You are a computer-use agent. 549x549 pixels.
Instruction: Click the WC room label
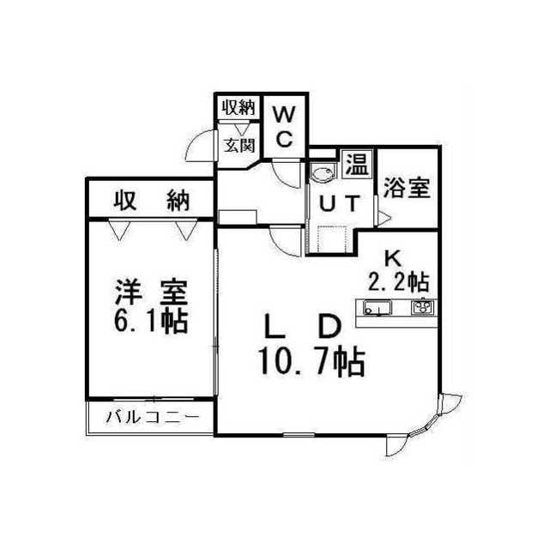(284, 126)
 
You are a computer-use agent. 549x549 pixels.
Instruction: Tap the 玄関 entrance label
(239, 145)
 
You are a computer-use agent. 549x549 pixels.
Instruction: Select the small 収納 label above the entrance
(239, 107)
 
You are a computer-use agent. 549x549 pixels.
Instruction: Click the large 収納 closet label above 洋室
(152, 201)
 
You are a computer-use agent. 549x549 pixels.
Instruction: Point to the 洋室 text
(151, 292)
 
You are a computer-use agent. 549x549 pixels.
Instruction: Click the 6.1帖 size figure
(151, 321)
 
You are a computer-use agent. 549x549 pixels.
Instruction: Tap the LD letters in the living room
(303, 327)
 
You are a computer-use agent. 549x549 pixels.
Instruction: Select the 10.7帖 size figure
(311, 362)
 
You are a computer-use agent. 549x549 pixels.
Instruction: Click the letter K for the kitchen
(393, 258)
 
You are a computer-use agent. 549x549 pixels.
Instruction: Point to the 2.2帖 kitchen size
(399, 281)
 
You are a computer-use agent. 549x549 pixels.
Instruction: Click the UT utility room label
(340, 203)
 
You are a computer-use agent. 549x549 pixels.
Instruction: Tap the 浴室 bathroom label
(407, 188)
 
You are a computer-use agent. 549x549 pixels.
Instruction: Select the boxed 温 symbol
(357, 164)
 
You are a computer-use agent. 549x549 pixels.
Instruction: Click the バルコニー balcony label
(153, 417)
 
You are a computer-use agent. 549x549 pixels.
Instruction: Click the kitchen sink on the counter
(377, 308)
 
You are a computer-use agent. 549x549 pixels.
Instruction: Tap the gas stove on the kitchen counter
(423, 307)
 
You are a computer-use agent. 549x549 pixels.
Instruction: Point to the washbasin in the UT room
(323, 174)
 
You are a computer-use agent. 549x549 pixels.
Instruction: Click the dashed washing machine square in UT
(332, 239)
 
